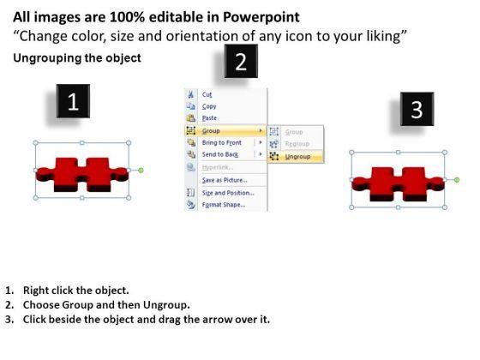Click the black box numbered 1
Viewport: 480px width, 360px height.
73,101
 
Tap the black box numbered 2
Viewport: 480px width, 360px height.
241,61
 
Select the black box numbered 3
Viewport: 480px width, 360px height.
417,109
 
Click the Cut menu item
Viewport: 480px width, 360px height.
207,94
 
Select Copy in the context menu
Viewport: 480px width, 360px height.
209,106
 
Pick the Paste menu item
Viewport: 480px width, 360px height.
209,118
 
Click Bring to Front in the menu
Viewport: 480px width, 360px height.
222,142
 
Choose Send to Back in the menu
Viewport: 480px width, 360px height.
220,154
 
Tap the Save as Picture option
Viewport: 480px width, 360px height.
225,180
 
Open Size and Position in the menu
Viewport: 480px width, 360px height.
228,193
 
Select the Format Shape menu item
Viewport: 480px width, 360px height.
224,205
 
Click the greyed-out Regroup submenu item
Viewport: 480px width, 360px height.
297,144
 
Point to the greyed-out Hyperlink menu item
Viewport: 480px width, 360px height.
218,167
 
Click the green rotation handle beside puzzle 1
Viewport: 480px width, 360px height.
141,171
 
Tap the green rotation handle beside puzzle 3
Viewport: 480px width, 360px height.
457,180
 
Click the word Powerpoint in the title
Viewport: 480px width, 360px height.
261,17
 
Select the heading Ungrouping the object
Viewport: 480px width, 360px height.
77,58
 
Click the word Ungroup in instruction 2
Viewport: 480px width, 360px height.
166,305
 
